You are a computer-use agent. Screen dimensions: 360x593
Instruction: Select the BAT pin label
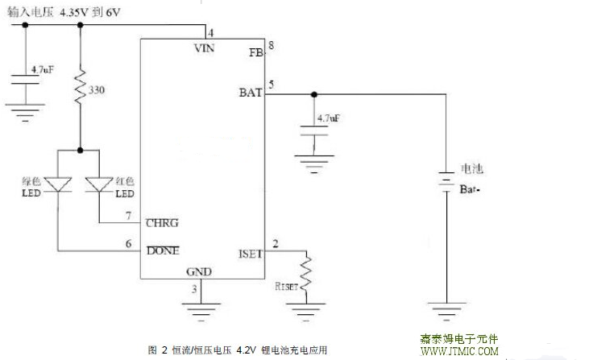(x=251, y=92)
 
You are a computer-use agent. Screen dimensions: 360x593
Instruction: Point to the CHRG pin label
(x=163, y=223)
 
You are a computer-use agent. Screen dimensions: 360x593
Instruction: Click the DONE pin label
(x=164, y=250)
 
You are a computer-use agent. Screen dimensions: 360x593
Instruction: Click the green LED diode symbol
(x=59, y=186)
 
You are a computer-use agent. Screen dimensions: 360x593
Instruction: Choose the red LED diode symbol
(x=100, y=186)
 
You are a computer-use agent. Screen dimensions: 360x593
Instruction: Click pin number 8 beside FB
(x=272, y=46)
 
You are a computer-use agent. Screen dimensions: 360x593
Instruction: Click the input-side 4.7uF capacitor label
(x=42, y=72)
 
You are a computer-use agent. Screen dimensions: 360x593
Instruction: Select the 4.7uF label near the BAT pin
(x=329, y=118)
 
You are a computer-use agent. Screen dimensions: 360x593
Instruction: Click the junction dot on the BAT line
(x=313, y=93)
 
